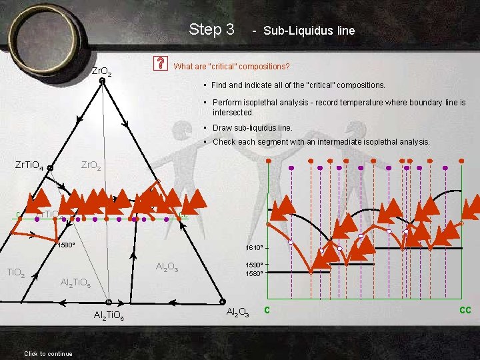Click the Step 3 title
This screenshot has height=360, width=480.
211,29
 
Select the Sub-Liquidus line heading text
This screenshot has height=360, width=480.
309,31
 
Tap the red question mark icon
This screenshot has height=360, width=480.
161,64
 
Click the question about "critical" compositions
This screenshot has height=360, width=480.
231,67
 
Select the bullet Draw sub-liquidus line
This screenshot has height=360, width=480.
252,127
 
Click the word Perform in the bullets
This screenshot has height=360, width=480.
227,103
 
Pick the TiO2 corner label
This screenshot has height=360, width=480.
15,272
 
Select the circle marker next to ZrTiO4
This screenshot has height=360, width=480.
51,168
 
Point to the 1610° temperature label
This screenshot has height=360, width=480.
256,248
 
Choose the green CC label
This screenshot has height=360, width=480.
465,310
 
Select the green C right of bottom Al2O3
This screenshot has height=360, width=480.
267,309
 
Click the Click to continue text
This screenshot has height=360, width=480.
48,353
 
